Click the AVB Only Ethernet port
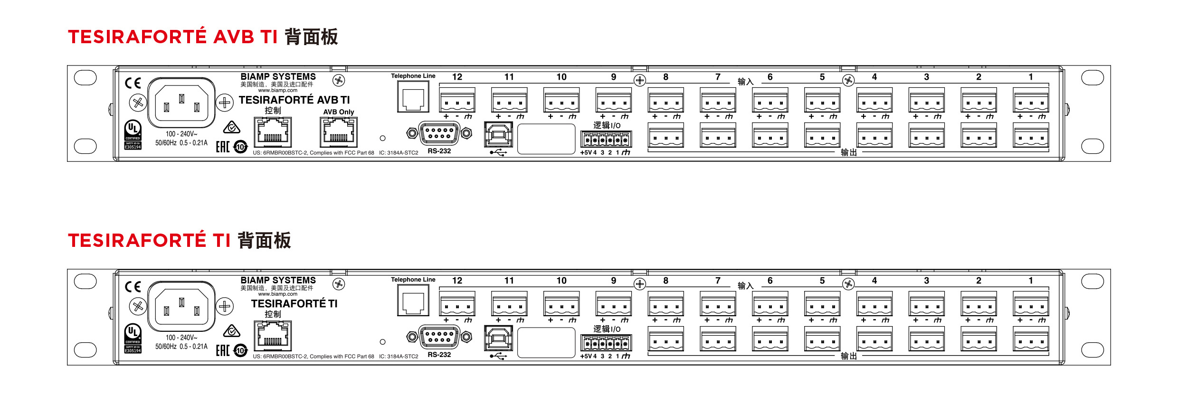338,132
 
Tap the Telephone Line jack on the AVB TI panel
413,96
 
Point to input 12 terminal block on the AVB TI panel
457,100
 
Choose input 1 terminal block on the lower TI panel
1030,304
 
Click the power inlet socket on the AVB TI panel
181,103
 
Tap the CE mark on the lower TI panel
133,287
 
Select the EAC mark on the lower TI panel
223,350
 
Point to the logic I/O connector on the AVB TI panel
606,140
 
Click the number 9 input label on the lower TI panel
613,281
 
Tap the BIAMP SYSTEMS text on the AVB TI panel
278,76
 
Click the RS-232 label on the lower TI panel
439,355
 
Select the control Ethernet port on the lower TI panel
273,336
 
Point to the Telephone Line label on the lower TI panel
413,280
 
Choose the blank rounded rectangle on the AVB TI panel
546,139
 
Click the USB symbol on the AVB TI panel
498,152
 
